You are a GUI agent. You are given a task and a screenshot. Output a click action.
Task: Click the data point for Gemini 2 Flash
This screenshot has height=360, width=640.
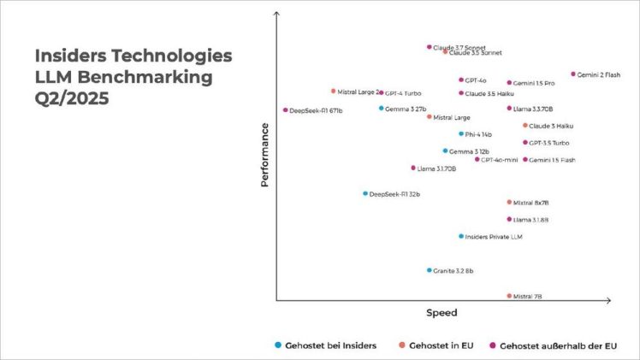pyautogui.click(x=573, y=74)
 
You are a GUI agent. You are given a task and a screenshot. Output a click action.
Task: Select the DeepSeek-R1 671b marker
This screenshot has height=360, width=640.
pyautogui.click(x=286, y=110)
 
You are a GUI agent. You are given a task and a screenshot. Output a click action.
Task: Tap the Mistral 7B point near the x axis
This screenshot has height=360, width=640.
pyautogui.click(x=509, y=296)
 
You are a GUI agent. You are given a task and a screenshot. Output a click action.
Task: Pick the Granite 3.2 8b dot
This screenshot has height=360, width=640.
pyautogui.click(x=430, y=270)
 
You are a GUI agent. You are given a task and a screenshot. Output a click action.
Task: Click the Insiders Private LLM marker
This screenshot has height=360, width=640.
pyautogui.click(x=461, y=236)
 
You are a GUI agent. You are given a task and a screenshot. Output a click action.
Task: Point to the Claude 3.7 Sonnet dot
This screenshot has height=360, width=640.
pyautogui.click(x=430, y=47)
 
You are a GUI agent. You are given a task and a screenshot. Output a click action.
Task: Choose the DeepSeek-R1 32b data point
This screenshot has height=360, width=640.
pyautogui.click(x=365, y=194)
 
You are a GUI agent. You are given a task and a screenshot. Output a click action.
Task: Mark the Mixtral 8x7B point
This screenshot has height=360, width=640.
pyautogui.click(x=509, y=203)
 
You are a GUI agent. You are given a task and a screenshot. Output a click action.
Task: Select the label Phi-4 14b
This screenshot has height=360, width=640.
pyautogui.click(x=478, y=134)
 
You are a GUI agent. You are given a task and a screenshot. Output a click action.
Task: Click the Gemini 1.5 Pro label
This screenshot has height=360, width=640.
pyautogui.click(x=534, y=83)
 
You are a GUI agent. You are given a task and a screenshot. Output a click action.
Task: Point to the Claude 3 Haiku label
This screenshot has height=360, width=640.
pyautogui.click(x=551, y=126)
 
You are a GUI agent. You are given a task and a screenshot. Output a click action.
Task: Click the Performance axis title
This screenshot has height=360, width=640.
pyautogui.click(x=265, y=155)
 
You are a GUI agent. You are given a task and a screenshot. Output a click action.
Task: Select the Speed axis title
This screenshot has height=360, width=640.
pyautogui.click(x=441, y=313)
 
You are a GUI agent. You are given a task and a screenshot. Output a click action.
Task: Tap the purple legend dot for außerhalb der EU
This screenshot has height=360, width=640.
pyautogui.click(x=492, y=345)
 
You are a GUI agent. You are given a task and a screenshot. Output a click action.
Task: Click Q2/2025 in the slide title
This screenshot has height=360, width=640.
pyautogui.click(x=73, y=97)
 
